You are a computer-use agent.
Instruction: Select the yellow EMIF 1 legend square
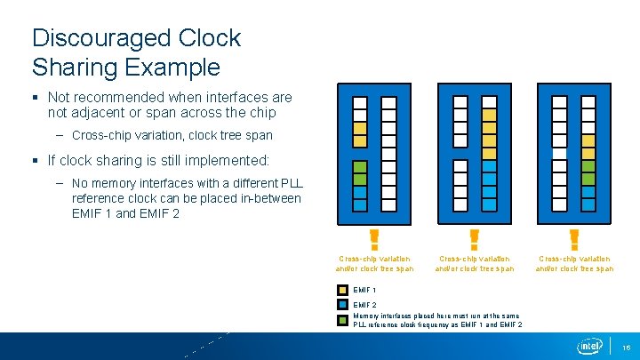[x=343, y=290]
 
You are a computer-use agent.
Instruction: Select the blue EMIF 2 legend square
[x=343, y=305]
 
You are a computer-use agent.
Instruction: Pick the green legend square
[x=343, y=319]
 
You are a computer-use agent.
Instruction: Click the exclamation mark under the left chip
[x=374, y=239]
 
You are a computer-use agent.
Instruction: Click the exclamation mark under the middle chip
[x=474, y=239]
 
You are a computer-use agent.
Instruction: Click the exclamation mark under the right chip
[x=573, y=239]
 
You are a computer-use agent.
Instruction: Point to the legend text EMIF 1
[x=364, y=290]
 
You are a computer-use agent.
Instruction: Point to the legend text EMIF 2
[x=364, y=305]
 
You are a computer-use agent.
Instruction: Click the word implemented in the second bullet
[x=229, y=161]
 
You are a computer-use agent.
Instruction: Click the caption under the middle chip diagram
[x=474, y=264]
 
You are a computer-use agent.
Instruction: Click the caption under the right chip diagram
[x=573, y=264]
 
